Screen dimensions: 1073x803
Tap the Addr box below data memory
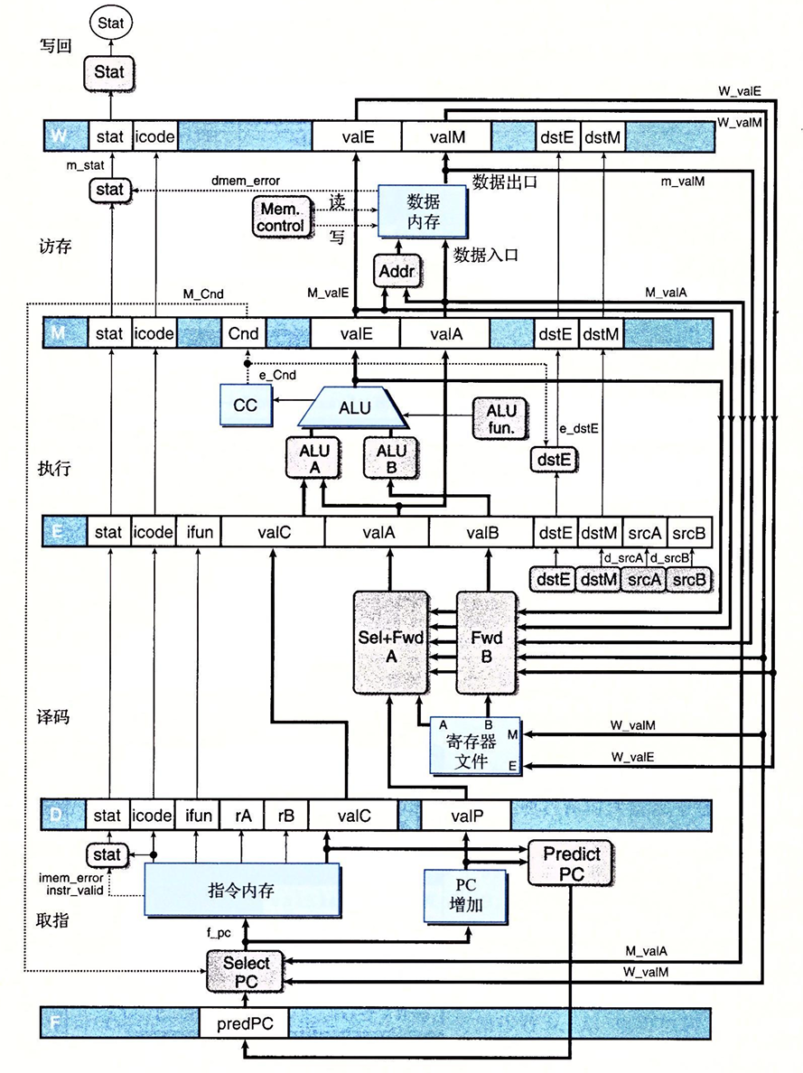click(x=393, y=270)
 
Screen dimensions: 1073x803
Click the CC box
click(x=246, y=406)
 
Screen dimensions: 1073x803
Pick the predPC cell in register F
click(x=244, y=1024)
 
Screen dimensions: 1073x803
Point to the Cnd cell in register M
click(x=244, y=333)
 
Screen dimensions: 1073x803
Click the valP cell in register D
click(x=466, y=816)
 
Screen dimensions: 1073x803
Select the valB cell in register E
click(x=481, y=533)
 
